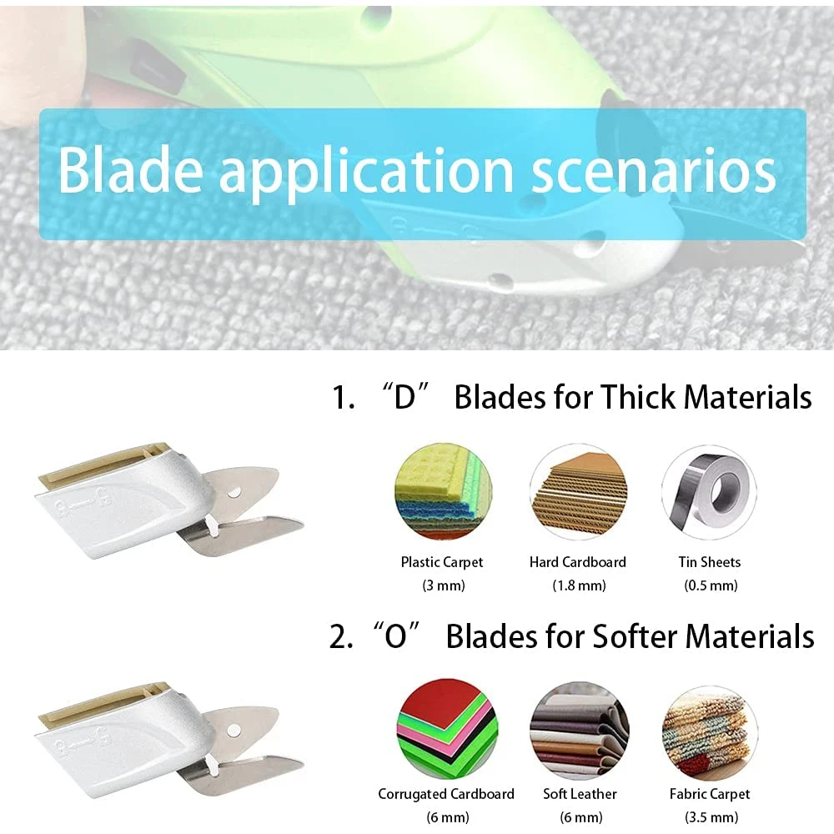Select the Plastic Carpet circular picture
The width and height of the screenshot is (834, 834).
pyautogui.click(x=442, y=492)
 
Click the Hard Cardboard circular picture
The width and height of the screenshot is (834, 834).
pyautogui.click(x=577, y=492)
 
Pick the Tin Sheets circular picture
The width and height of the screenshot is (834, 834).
pyautogui.click(x=708, y=492)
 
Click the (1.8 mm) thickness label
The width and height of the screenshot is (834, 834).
pyautogui.click(x=578, y=585)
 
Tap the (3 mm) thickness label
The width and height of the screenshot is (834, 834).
pyautogui.click(x=442, y=585)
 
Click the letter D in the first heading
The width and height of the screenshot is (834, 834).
pyautogui.click(x=404, y=398)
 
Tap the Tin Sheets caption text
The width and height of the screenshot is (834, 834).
pyautogui.click(x=709, y=562)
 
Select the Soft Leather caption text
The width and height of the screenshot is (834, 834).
pyautogui.click(x=578, y=794)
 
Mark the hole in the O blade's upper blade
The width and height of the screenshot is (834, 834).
pyautogui.click(x=235, y=729)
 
